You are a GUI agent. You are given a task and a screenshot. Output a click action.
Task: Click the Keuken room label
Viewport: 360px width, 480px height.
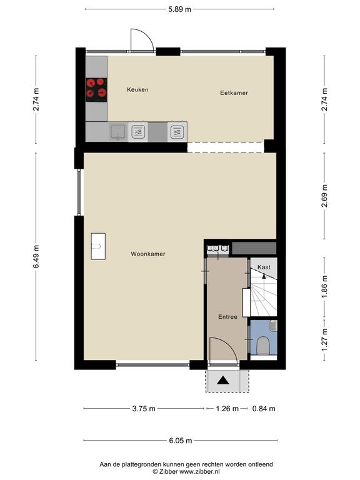137,90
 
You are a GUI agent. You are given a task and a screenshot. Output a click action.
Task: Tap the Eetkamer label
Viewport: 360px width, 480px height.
234,92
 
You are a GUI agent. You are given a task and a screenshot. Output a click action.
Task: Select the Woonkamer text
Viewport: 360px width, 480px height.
148,254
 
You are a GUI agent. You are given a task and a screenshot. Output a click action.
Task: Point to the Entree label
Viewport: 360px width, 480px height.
227,317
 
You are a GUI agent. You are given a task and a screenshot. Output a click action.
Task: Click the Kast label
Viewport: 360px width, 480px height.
264,267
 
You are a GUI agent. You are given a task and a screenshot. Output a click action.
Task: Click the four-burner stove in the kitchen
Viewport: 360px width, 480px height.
96,90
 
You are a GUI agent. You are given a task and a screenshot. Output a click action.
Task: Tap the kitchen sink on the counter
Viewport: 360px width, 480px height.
118,132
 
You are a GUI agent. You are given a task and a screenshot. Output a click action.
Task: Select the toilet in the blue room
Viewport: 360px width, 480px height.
262,345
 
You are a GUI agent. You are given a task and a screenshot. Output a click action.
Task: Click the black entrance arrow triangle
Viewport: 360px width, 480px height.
223,381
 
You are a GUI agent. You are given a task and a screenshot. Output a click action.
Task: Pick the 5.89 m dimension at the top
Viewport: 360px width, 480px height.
179,9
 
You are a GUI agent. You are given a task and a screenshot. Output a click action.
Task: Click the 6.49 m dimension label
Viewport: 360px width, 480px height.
36,256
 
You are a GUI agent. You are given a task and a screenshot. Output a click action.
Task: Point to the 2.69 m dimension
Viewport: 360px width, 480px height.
324,196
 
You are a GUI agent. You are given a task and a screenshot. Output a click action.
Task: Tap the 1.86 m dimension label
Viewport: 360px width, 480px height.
324,287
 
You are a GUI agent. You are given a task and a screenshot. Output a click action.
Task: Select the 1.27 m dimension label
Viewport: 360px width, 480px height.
324,340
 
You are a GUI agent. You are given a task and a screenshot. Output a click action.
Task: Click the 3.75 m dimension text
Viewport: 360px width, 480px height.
144,408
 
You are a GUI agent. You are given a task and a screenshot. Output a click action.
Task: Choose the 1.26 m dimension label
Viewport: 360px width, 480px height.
227,408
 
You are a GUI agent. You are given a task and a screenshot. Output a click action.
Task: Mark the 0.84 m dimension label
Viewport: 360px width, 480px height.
264,408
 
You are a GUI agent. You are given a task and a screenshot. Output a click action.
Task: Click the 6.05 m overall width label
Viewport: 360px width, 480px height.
181,441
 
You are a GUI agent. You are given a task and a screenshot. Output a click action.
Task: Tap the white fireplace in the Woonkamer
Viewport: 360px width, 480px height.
98,246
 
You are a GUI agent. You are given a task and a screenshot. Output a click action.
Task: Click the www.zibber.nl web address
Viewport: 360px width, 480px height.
199,472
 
